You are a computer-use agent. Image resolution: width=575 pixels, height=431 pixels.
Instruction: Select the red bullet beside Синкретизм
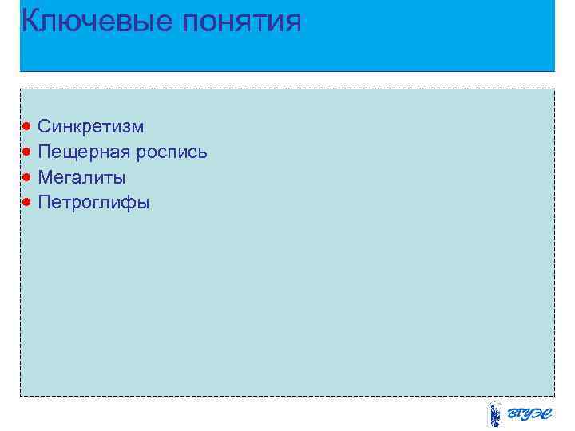click(x=27, y=126)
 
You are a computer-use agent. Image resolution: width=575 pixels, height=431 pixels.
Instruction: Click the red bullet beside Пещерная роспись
click(x=27, y=152)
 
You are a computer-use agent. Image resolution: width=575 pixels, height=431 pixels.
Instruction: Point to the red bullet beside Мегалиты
click(x=27, y=176)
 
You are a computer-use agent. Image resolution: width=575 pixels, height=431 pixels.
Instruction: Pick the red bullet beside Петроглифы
click(x=27, y=202)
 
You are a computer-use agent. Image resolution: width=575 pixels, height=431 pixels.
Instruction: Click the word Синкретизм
click(x=91, y=126)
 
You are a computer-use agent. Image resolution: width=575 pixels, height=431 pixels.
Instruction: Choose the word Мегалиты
click(x=81, y=177)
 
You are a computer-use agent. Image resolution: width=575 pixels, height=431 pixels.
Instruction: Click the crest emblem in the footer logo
click(x=495, y=415)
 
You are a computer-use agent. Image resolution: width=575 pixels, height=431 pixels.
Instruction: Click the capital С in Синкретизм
click(x=45, y=126)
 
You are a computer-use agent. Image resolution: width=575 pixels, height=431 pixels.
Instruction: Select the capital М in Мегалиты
click(x=46, y=177)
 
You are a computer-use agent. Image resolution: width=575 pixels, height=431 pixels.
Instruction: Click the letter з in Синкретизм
click(x=124, y=127)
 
